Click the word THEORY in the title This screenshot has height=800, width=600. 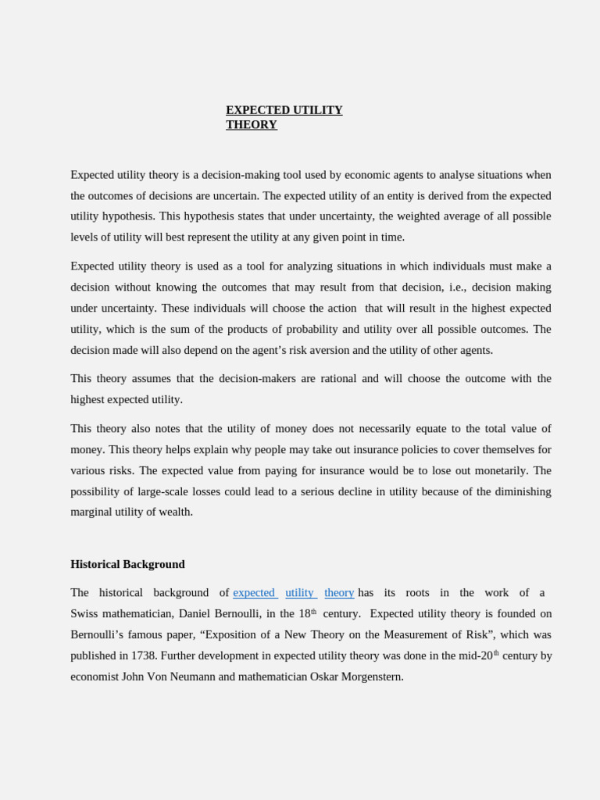click(252, 125)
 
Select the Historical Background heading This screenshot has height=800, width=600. click(127, 564)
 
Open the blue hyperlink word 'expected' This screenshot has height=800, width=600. click(254, 593)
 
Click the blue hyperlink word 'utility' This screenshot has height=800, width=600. click(300, 593)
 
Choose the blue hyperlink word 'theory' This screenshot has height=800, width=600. click(339, 593)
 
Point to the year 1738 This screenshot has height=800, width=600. click(142, 655)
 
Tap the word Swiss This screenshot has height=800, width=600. click(84, 614)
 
